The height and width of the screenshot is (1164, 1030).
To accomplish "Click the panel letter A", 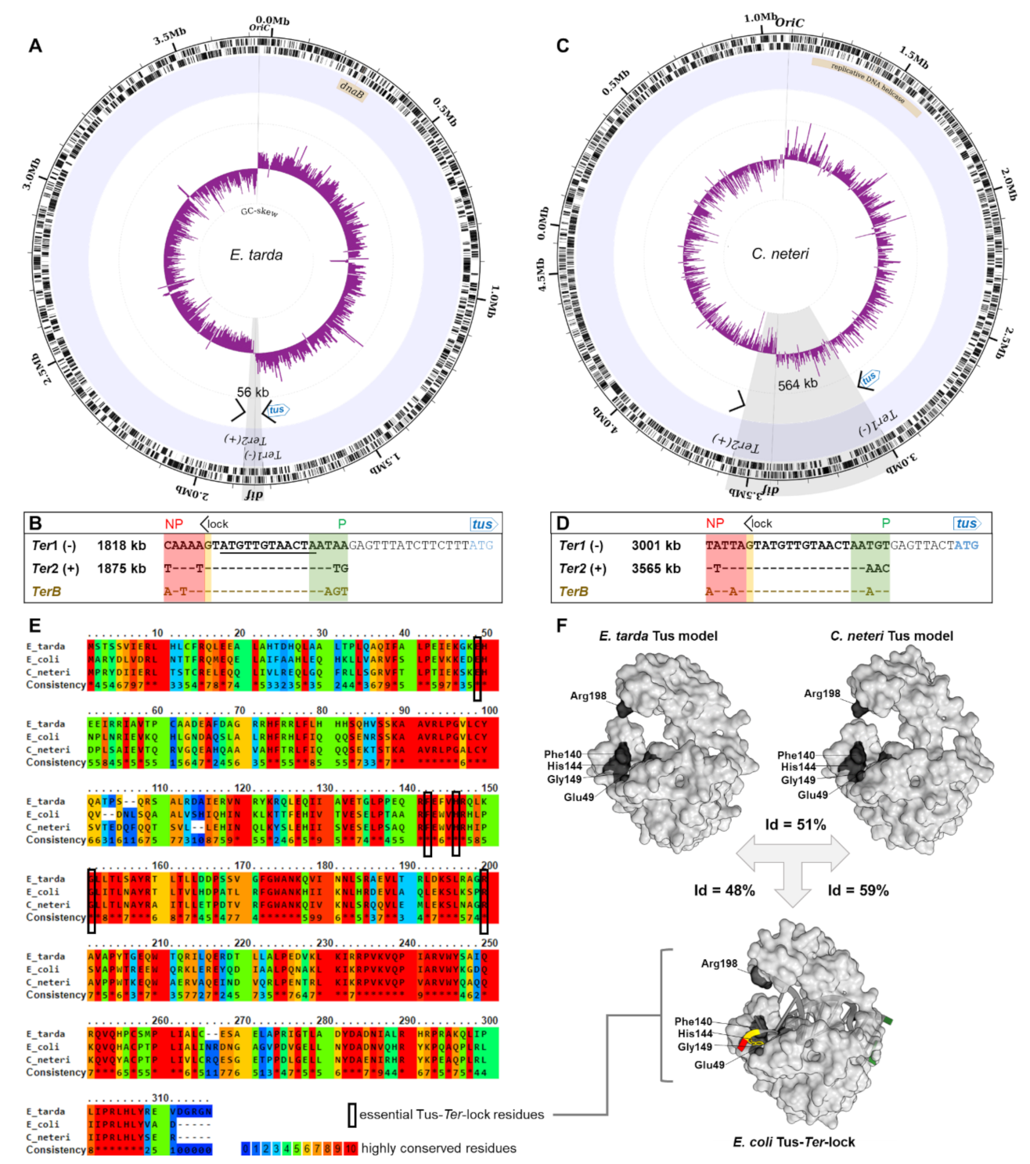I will point(35,46).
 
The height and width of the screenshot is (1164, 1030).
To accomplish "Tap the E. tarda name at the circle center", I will point(256,255).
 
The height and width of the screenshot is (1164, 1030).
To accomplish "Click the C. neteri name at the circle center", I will point(780,254).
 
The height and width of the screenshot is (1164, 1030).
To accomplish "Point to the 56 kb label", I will point(253,393).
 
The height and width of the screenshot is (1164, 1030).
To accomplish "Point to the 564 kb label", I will point(798,384).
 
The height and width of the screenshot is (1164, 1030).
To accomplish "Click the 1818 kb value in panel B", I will point(121,546).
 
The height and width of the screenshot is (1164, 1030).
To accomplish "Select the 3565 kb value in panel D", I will point(656,569).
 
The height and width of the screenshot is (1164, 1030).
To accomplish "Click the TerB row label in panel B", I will point(46,591).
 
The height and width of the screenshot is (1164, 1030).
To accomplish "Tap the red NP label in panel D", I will point(715,523).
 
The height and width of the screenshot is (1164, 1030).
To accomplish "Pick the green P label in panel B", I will point(341,523).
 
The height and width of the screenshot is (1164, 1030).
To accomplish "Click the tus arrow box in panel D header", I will point(967,523).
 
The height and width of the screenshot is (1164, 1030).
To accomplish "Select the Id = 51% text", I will point(795,824).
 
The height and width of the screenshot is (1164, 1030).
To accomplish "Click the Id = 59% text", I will point(858,890).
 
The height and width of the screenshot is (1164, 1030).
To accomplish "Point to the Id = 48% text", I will point(724,890).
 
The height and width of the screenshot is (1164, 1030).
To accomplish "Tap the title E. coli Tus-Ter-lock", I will point(794,1142).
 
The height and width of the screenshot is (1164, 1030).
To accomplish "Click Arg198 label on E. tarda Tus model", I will point(588,695).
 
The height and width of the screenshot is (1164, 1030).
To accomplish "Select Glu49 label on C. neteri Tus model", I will point(812,795).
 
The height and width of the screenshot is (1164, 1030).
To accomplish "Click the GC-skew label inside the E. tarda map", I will point(259,211).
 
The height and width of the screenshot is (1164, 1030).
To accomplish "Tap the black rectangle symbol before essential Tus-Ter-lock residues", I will point(352,1115).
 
